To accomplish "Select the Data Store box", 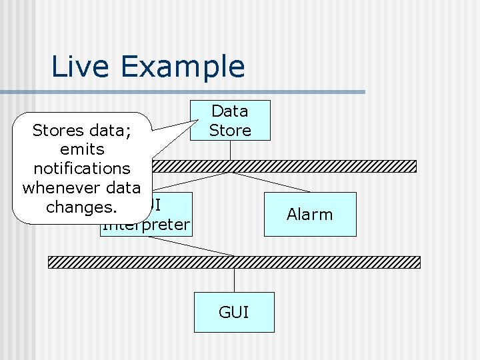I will (230, 121).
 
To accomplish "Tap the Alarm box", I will (310, 214).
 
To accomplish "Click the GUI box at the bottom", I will (234, 312).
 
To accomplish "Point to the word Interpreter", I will (148, 225).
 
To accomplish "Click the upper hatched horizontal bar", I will (300, 166).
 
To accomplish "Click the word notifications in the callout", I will (81, 169).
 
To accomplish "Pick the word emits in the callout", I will (81, 149).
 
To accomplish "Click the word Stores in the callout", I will (58, 131).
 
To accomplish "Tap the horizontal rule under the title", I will (200, 92).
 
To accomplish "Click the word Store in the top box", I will (230, 131).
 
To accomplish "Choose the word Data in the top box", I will (230, 111).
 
